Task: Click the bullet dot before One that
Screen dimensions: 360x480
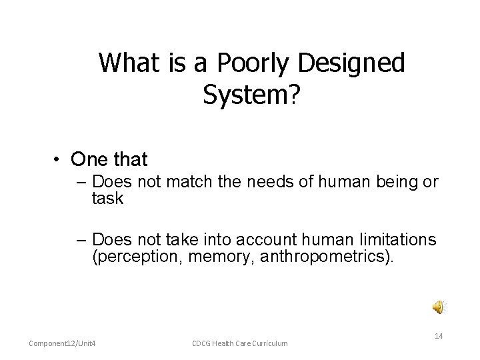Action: click(59, 160)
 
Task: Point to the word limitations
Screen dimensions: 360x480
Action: click(397, 240)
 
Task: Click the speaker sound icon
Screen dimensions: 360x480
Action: click(437, 306)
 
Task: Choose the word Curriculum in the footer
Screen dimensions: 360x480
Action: click(270, 343)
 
